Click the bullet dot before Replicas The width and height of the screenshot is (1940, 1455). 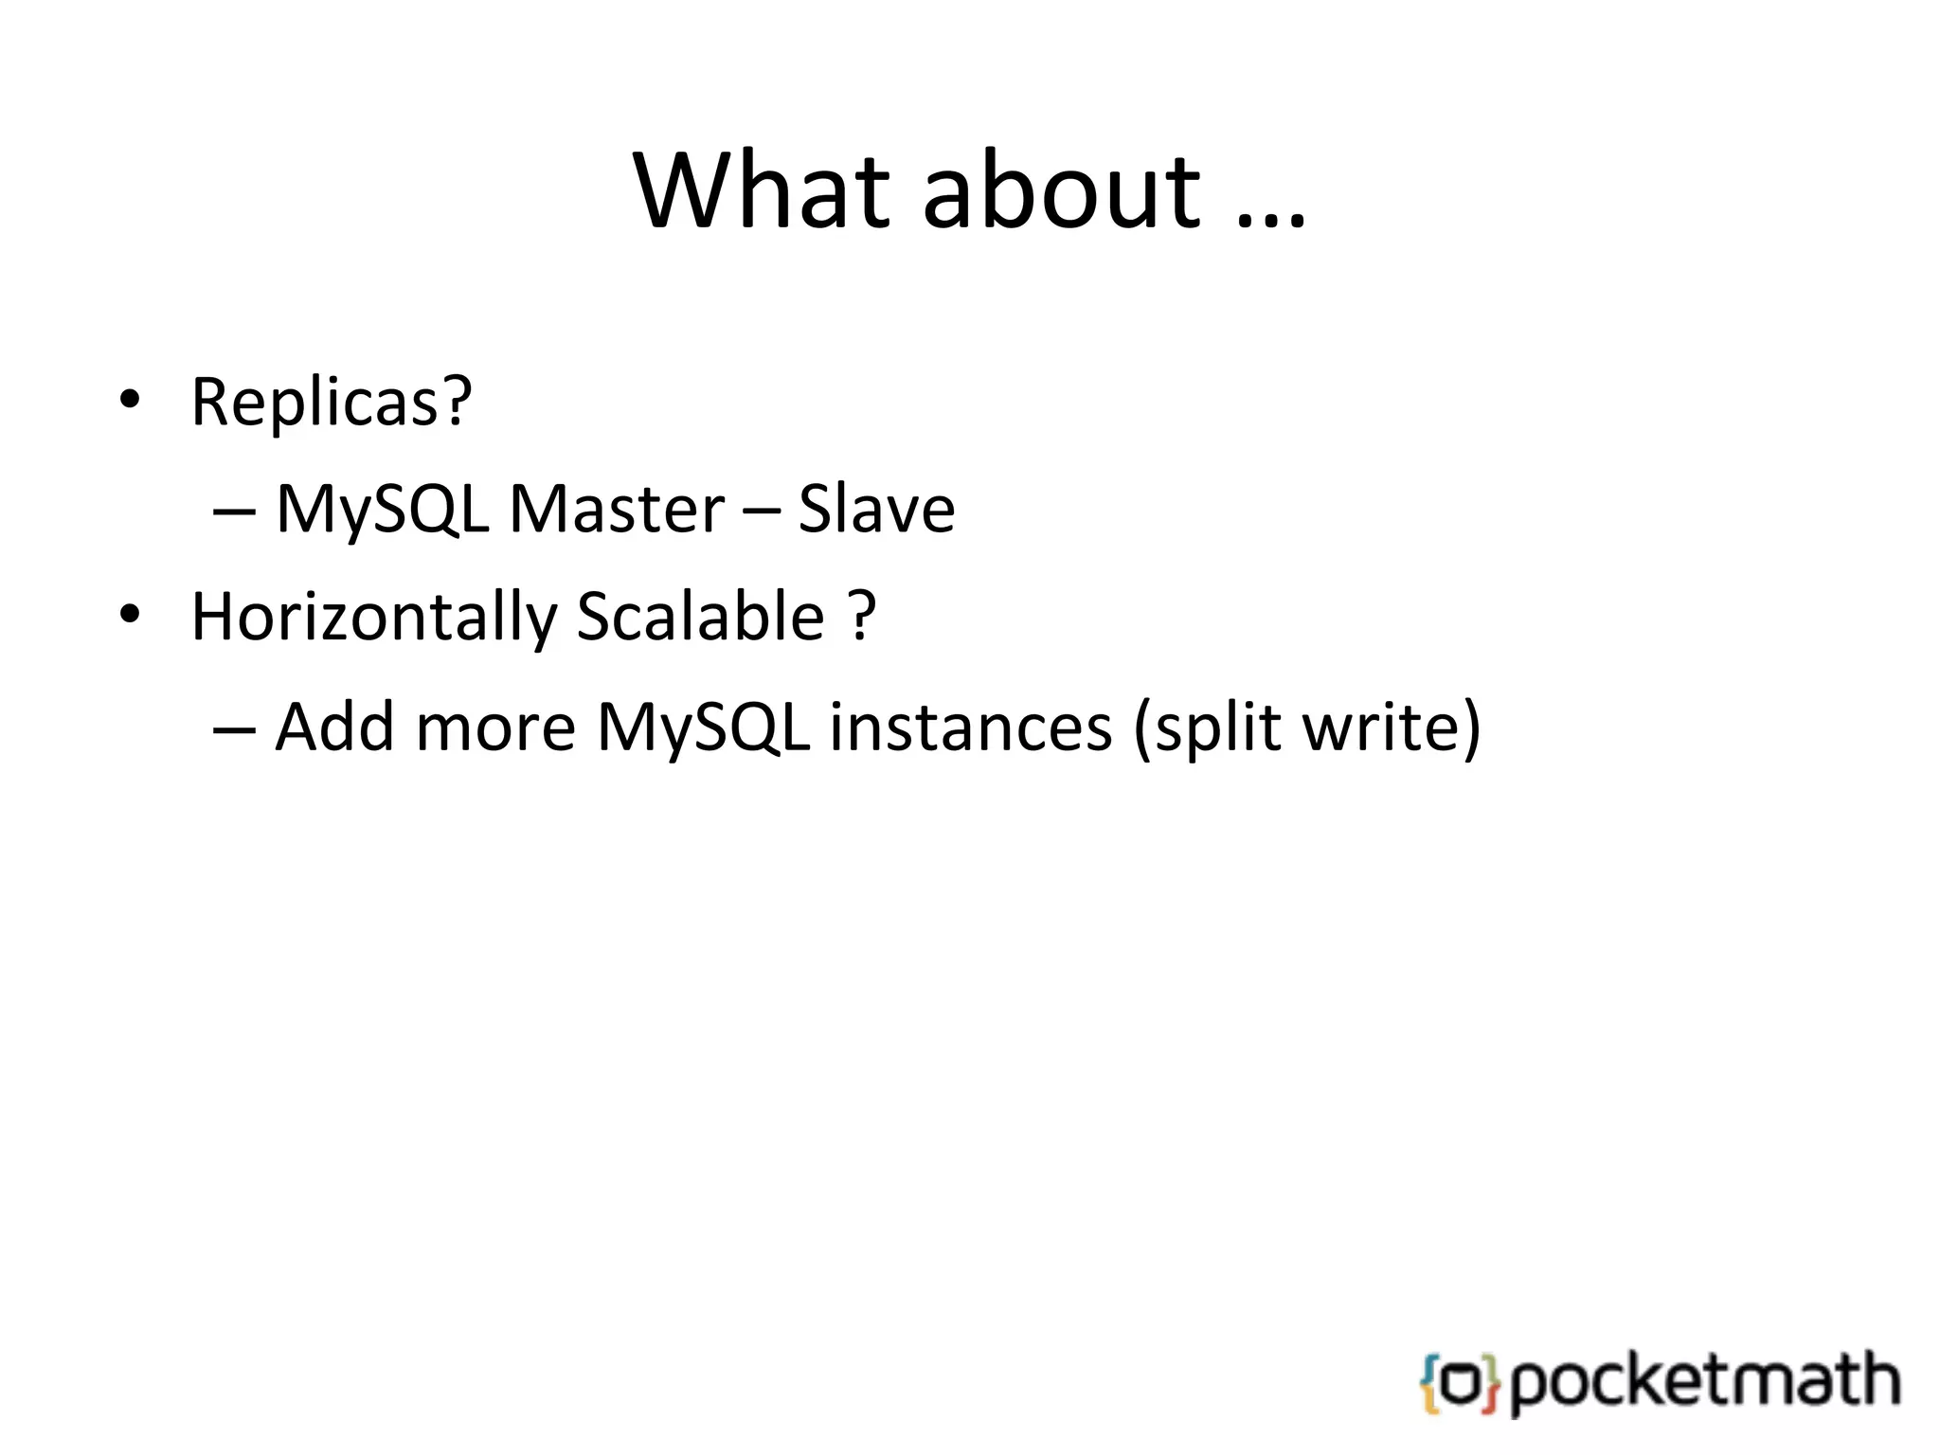(x=130, y=401)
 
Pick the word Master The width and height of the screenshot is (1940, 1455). (x=617, y=510)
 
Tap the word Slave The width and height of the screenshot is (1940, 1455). (x=876, y=510)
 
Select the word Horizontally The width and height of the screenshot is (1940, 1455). (x=374, y=618)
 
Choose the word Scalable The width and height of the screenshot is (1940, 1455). (x=700, y=618)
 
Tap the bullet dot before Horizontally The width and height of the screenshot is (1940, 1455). (x=130, y=615)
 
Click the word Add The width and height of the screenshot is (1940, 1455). (x=334, y=727)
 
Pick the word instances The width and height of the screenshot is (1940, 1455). (x=971, y=727)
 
